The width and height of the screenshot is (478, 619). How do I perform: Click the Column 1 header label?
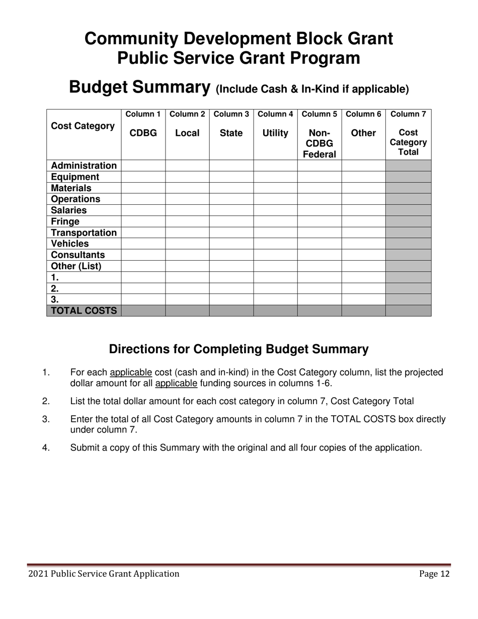[143, 114]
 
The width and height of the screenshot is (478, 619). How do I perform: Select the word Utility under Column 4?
[275, 133]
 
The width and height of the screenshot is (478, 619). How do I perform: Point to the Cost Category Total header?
[408, 142]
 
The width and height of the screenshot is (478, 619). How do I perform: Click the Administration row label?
[84, 166]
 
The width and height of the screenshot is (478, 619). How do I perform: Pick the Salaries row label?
[69, 210]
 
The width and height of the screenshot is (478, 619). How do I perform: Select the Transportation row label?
[84, 233]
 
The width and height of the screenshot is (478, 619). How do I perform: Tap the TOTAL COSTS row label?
[84, 311]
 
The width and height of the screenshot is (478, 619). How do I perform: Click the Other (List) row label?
[76, 266]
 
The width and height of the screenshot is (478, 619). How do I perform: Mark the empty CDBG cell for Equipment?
[143, 177]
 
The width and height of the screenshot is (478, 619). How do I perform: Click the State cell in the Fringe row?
[231, 221]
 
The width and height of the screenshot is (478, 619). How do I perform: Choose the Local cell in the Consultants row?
[187, 255]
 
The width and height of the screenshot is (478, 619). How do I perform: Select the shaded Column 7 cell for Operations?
[408, 199]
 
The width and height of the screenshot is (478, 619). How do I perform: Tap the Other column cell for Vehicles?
[363, 244]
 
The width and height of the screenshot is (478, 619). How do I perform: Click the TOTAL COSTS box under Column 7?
[408, 311]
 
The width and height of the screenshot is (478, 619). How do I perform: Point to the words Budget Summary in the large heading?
[139, 87]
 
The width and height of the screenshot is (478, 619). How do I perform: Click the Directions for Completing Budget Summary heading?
[238, 349]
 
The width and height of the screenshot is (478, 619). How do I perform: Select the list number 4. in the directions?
[46, 447]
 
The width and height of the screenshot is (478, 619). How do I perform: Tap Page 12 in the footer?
[434, 574]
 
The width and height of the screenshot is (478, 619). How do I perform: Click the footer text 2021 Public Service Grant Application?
[104, 574]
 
